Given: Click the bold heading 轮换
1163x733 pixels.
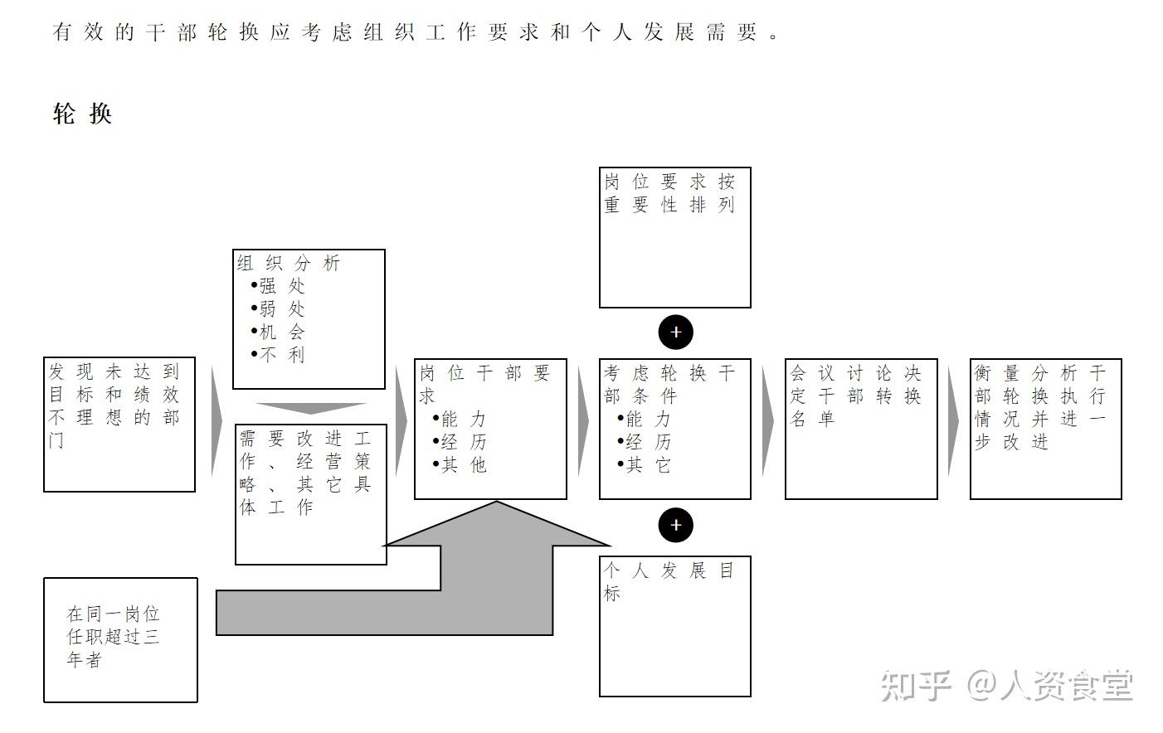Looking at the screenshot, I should (82, 114).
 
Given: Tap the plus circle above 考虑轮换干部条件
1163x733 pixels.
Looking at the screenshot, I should (675, 333).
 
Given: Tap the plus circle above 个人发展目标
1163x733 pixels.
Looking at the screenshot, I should (675, 525).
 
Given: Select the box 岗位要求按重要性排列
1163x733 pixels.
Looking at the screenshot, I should (674, 237).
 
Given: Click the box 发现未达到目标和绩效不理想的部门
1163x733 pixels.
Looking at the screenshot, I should (119, 424).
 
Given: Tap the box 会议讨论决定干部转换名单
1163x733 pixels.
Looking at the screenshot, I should (860, 429).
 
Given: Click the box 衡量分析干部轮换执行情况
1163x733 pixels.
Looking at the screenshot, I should (1045, 429).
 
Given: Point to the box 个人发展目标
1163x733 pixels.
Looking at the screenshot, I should (674, 626).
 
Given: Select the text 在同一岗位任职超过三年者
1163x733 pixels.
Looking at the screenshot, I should (113, 637).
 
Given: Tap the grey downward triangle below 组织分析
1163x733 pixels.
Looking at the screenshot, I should (310, 408).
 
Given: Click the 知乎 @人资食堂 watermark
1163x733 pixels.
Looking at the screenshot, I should (1005, 685).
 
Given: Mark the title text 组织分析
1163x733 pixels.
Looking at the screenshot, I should (289, 263).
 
